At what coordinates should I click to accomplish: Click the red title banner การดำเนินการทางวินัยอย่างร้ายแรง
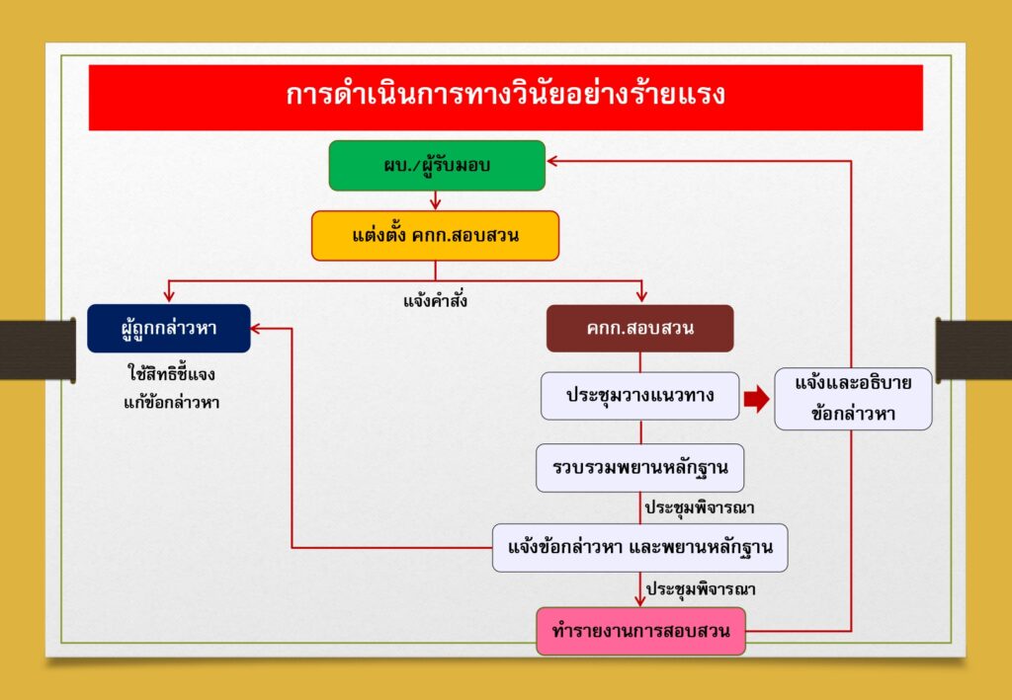[505, 98]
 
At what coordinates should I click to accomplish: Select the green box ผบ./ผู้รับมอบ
[437, 166]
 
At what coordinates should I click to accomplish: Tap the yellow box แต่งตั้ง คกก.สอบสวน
[435, 236]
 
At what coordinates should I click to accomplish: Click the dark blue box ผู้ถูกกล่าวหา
[168, 329]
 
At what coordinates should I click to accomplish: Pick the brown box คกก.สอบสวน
[639, 329]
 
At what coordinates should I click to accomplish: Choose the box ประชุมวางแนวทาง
[639, 396]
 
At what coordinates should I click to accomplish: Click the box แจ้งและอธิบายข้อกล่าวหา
[853, 398]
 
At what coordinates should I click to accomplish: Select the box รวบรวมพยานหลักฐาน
[639, 467]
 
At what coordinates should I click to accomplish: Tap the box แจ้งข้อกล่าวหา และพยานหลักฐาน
[639, 548]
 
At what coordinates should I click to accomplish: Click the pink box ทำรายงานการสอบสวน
[640, 631]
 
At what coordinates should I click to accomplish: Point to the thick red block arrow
[756, 400]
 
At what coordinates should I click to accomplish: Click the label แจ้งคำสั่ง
[435, 300]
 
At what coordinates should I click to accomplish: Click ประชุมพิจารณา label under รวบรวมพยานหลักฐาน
[700, 507]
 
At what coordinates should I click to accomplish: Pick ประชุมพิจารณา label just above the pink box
[701, 589]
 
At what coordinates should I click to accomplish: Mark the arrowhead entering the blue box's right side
[256, 329]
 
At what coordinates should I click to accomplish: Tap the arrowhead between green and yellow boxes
[435, 205]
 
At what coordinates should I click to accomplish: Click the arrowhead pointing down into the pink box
[640, 601]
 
